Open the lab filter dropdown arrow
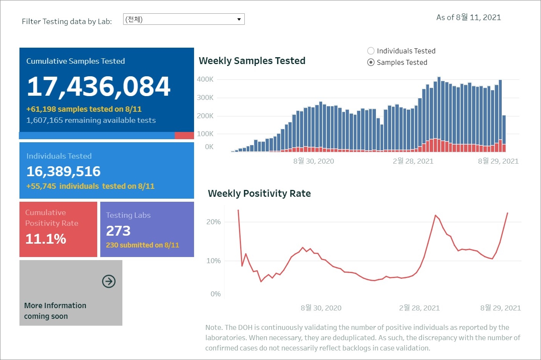pos(239,19)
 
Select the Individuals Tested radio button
pos(371,51)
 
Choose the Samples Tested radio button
pos(371,63)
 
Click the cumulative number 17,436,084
pos(99,86)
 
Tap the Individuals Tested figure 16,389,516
pos(63,172)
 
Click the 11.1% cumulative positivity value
pos(46,239)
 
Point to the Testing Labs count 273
pos(118,231)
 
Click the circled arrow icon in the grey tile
pos(109,281)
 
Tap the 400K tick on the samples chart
pos(205,79)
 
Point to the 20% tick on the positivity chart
pos(214,222)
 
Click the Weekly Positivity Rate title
pos(259,194)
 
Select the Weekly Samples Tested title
pos(252,61)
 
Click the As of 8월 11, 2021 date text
pos(469,18)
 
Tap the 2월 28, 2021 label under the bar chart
pos(413,161)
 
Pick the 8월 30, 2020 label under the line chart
pos(321,308)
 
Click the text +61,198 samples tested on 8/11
pos(84,109)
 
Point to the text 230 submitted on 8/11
pos(143,245)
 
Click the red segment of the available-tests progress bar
pos(184,136)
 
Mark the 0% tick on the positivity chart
pos(215,294)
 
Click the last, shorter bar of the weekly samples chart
pos(504,130)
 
